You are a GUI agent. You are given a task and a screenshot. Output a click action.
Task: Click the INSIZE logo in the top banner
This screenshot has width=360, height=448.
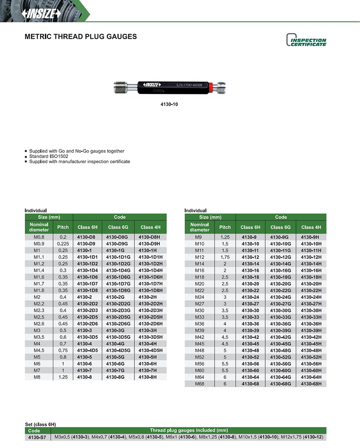point(41,13)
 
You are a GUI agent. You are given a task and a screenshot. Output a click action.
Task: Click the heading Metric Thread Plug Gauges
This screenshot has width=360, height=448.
point(81,36)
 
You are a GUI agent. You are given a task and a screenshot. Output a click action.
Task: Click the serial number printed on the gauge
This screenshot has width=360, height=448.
point(189,85)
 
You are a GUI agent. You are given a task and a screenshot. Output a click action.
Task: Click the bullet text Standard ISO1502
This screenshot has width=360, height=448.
point(49,156)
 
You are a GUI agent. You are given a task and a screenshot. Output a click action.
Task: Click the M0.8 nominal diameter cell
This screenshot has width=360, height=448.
point(39,237)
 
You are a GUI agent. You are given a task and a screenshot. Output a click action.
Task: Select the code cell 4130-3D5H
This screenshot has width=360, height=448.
point(150,337)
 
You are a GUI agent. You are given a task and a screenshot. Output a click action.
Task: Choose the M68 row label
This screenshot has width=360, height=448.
point(200,384)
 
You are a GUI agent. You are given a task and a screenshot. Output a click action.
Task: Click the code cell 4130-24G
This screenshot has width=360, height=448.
point(280,297)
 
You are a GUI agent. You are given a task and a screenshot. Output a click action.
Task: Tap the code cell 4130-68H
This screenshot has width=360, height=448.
point(311,384)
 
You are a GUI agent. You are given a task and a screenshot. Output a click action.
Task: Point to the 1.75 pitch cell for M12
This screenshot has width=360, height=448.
point(225,257)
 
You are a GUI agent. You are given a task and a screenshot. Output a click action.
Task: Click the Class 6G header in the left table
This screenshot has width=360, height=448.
point(118,227)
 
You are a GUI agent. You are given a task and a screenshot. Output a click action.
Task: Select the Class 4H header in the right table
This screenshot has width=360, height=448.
point(311,227)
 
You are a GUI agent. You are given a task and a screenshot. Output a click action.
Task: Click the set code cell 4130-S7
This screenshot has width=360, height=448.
point(38,438)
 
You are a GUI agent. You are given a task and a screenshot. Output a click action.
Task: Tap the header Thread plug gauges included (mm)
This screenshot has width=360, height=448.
point(189,431)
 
